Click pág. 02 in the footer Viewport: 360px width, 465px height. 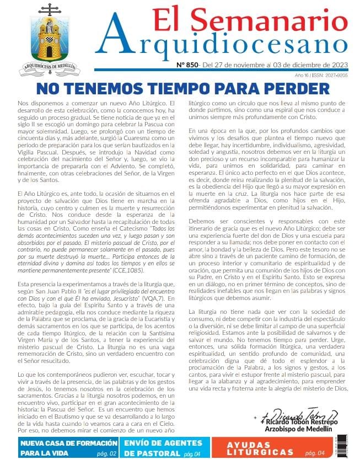[105, 453]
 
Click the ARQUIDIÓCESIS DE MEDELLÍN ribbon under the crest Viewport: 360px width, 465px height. [49, 71]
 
